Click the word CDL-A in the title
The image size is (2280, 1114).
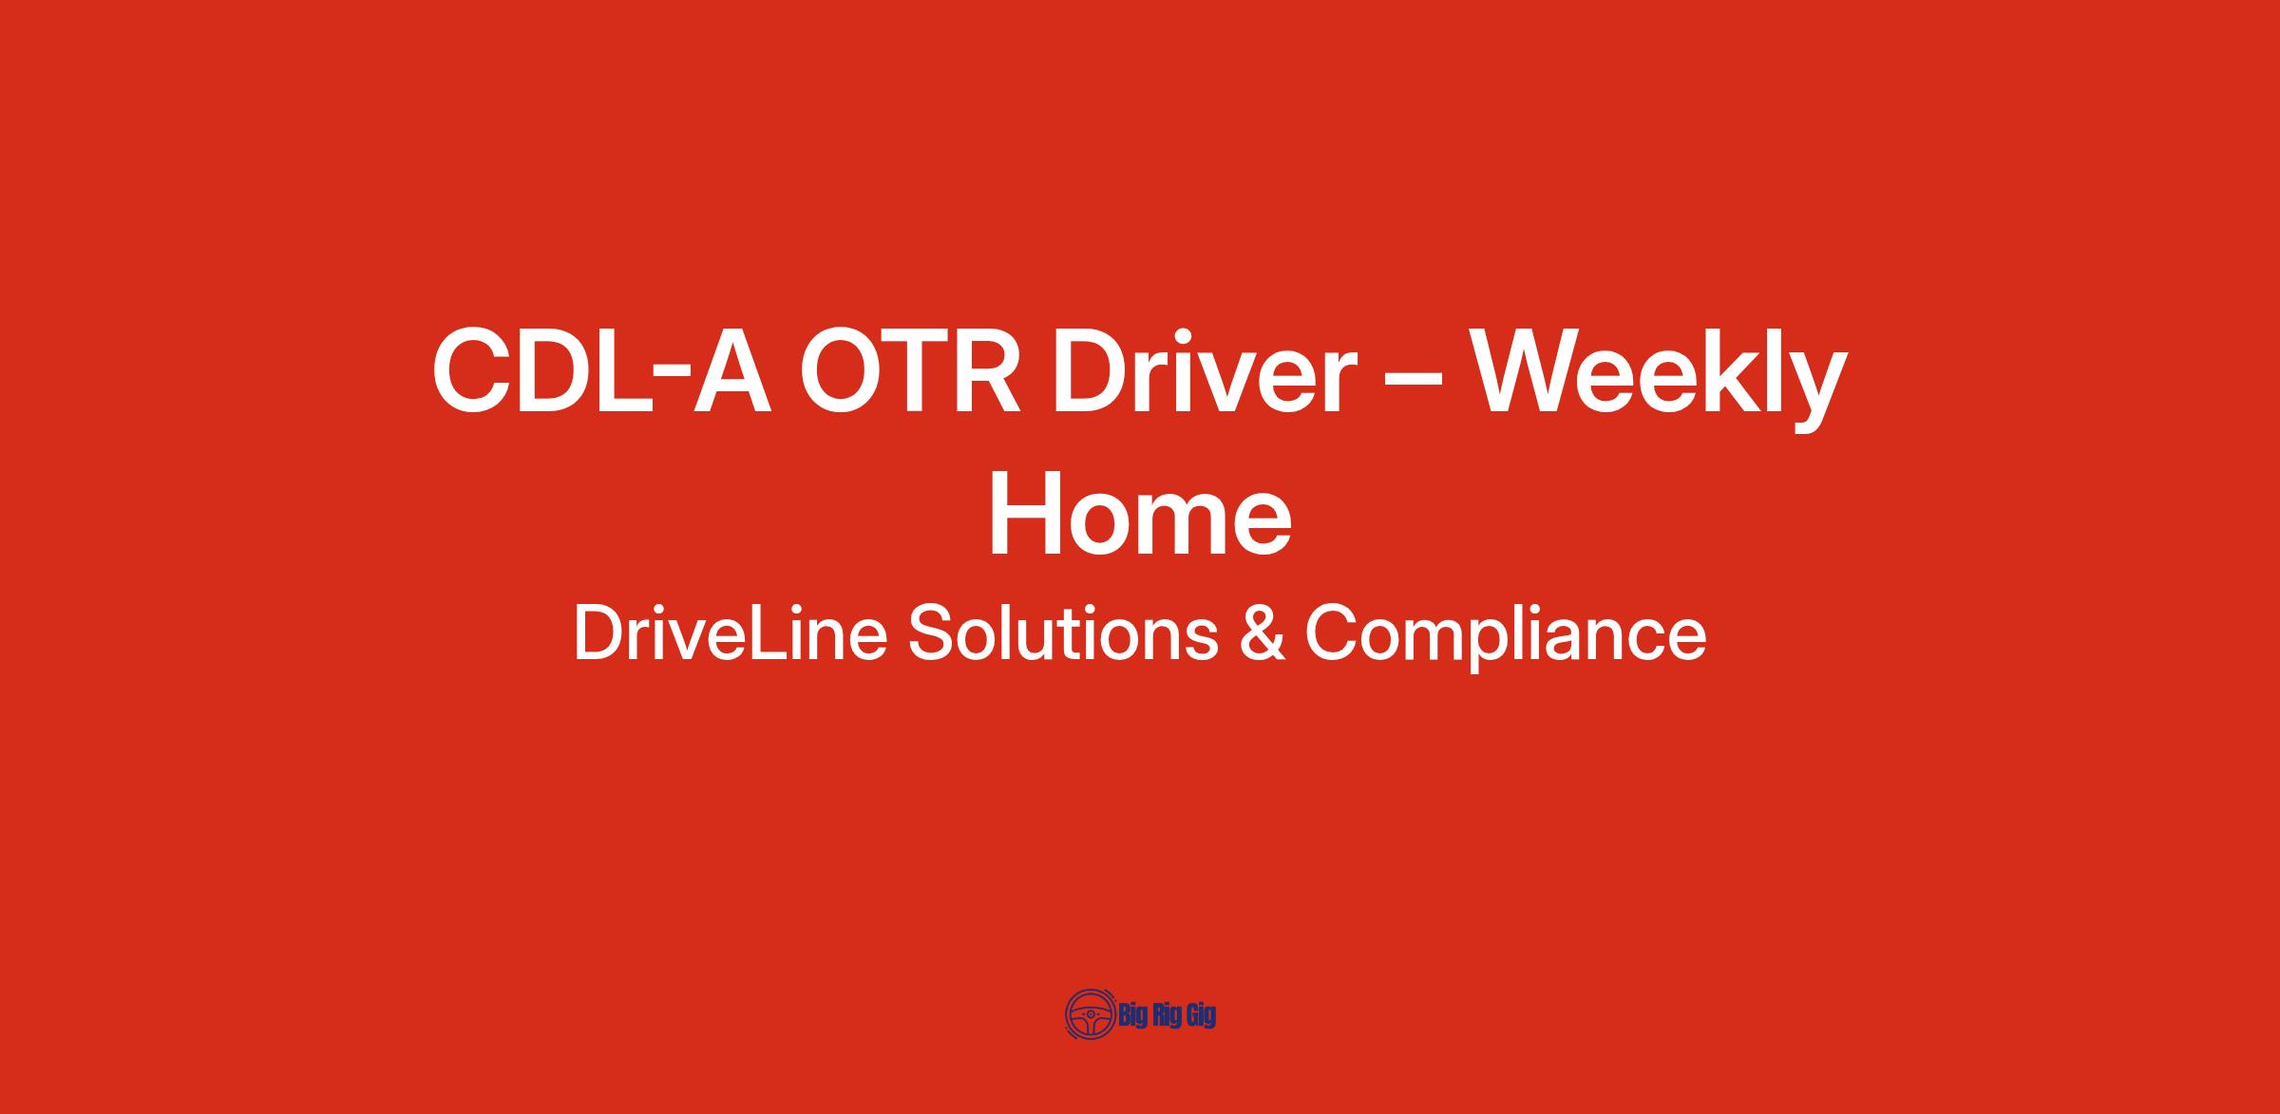[600, 370]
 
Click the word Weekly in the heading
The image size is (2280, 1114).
[1659, 378]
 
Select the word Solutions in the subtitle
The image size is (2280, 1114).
[1063, 633]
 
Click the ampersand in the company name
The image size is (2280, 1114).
[1262, 633]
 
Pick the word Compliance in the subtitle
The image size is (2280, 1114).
[1506, 637]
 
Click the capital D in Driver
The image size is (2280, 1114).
[1091, 370]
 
